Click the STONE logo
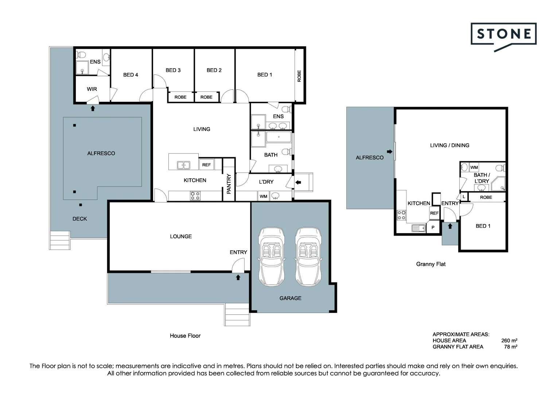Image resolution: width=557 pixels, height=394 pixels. coord(503,35)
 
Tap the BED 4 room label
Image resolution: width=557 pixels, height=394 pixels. coord(131,75)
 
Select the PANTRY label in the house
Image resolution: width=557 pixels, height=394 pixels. coord(229,184)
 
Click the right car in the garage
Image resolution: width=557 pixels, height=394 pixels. coord(308,256)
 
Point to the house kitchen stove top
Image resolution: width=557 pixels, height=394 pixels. coord(195,196)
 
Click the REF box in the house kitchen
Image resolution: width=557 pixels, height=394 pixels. coord(206,165)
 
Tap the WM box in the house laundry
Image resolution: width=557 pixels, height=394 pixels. coord(263,196)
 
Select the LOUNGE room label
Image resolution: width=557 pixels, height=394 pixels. coord(181,236)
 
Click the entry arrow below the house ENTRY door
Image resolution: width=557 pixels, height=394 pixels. coord(238,278)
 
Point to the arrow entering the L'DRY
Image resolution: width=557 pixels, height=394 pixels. coord(298,182)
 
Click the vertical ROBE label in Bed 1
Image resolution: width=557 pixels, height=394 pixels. coord(299,76)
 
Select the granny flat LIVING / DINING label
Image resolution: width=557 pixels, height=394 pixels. coord(449,145)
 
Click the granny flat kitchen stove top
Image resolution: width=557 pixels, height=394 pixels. coord(401,215)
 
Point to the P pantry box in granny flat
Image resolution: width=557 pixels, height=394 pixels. coord(433,227)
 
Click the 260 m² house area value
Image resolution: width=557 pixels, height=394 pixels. coord(509,340)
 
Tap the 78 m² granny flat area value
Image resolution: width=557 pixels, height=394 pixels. coord(510,347)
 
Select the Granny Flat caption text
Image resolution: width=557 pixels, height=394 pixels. coord(431,264)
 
